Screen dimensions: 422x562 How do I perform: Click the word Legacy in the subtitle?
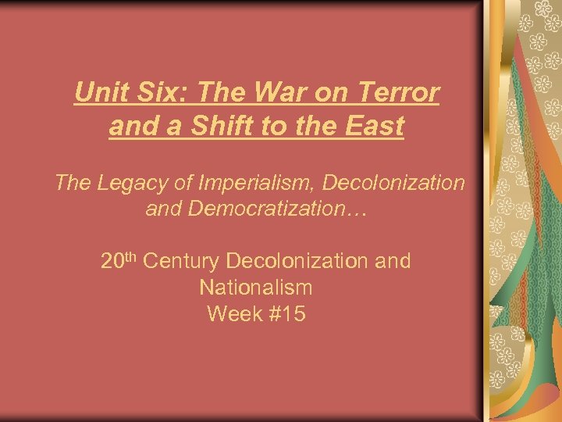128,183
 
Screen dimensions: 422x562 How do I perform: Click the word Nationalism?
256,288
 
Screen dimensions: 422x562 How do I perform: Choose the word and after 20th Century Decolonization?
393,261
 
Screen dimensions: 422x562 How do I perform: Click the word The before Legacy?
72,183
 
